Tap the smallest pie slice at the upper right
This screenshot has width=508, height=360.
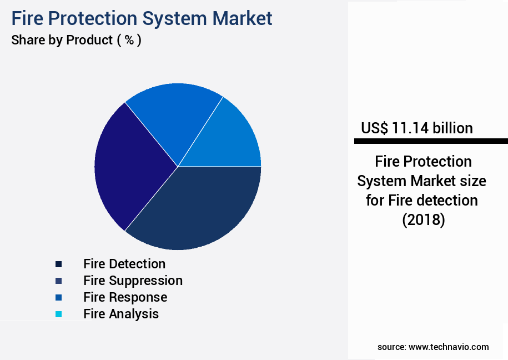[x=233, y=139]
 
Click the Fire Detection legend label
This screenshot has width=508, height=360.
[x=124, y=264]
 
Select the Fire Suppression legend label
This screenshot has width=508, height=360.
[x=133, y=281]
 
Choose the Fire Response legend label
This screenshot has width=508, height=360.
[x=125, y=297]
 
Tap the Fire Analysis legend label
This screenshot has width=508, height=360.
[x=121, y=314]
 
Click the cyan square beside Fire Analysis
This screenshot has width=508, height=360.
[x=59, y=314]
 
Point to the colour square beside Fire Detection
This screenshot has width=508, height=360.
[x=59, y=264]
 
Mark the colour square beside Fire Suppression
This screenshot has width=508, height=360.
[x=59, y=281]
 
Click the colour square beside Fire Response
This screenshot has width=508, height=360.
[x=59, y=298]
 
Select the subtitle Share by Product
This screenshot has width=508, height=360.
[x=62, y=40]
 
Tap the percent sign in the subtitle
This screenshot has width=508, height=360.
[x=129, y=41]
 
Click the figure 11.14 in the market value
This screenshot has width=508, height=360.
[x=411, y=128]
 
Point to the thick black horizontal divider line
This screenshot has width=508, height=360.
[x=431, y=142]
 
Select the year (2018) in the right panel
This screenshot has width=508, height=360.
[x=423, y=219]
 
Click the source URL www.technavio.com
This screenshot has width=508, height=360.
[x=449, y=347]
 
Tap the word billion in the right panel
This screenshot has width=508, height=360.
[x=453, y=128]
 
